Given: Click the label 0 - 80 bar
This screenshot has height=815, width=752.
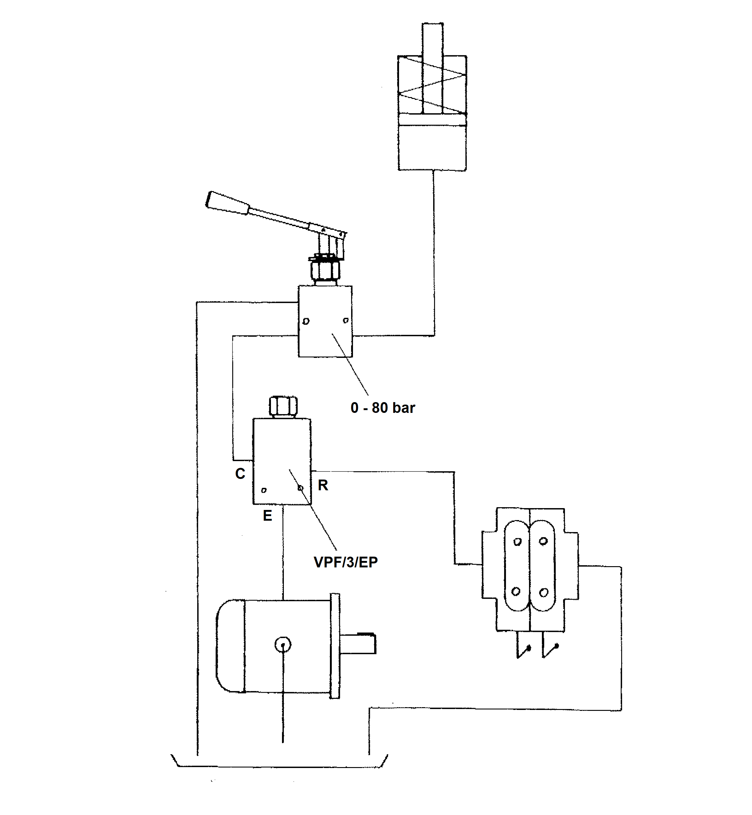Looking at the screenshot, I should click(382, 408).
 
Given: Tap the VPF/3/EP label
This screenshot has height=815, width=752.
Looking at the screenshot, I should click(346, 562).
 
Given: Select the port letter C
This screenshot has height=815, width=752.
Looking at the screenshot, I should click(240, 474).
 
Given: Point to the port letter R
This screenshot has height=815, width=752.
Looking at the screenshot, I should click(323, 485).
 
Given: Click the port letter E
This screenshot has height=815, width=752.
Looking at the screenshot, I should click(267, 516).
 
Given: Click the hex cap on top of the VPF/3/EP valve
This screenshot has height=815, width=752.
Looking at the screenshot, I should click(283, 406).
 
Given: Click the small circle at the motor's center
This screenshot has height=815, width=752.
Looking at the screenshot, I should click(283, 645).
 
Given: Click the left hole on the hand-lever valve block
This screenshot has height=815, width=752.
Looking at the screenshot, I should click(306, 321).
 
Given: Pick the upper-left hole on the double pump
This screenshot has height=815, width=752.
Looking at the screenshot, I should click(517, 542).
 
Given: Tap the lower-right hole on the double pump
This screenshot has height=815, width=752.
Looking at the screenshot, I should click(543, 593).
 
